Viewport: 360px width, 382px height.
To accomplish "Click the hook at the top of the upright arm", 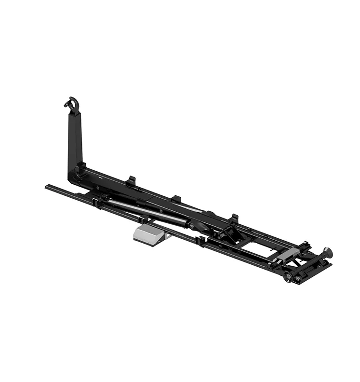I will click(x=73, y=104).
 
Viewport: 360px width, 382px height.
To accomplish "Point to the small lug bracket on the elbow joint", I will click(x=81, y=167).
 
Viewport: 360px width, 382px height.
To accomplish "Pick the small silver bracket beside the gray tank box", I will click(x=166, y=236).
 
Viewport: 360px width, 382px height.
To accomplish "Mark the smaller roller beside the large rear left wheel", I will click(x=297, y=279).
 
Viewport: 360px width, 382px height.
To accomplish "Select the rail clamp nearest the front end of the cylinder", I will click(x=99, y=202).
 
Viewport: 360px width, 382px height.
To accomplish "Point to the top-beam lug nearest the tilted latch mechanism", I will click(x=234, y=218).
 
